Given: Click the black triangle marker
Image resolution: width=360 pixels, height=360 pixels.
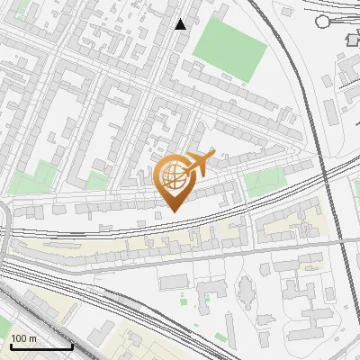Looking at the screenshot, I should (x=182, y=24).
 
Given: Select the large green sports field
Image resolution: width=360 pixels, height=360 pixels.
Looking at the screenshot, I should (x=230, y=41).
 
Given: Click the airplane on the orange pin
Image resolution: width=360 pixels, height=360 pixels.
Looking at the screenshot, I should (x=200, y=164).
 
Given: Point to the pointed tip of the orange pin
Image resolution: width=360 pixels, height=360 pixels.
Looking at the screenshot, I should (x=174, y=211).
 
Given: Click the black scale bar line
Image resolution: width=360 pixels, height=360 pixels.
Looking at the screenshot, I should (x=41, y=346).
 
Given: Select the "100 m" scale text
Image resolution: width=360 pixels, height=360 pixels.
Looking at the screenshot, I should (x=25, y=338).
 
